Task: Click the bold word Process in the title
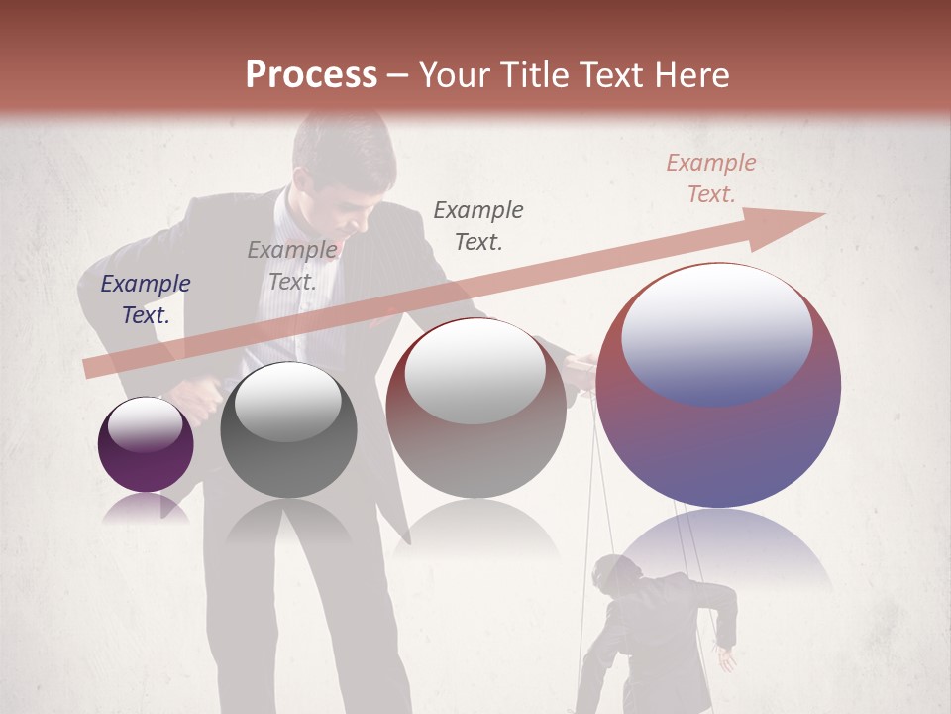pos(311,75)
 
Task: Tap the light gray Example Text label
pos(292,266)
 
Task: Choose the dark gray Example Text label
pos(478,225)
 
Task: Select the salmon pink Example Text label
pos(710,178)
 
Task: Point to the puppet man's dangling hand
pos(728,658)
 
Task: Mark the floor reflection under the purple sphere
pos(146,508)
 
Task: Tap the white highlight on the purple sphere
pos(145,423)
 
